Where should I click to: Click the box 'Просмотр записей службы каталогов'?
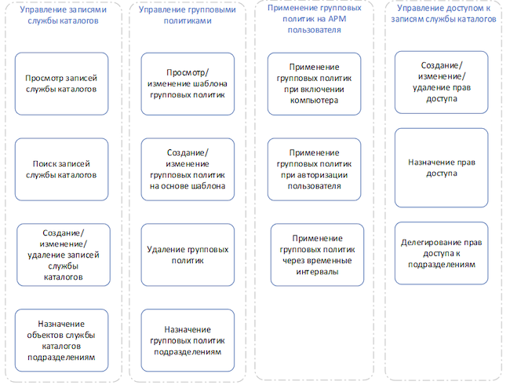click(x=61, y=84)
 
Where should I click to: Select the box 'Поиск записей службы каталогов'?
click(x=61, y=170)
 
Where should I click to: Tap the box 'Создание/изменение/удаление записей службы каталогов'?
click(x=64, y=255)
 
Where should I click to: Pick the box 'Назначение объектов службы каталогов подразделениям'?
click(x=61, y=340)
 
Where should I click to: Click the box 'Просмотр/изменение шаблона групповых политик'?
click(x=188, y=84)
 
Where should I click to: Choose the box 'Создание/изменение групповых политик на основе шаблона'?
click(x=188, y=170)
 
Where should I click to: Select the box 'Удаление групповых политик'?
click(x=188, y=255)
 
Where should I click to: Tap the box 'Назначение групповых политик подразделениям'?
click(x=188, y=340)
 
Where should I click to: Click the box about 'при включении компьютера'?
click(x=314, y=84)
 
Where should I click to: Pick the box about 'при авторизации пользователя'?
click(x=314, y=170)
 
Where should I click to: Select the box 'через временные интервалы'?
click(x=317, y=255)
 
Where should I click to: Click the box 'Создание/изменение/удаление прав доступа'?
click(x=442, y=82)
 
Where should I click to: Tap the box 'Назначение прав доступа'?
click(x=442, y=167)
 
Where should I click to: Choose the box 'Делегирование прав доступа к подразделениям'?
click(x=442, y=253)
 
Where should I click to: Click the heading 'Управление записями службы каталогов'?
click(x=63, y=15)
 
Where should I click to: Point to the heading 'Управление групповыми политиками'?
click(x=188, y=15)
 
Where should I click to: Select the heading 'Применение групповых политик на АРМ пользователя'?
click(x=314, y=19)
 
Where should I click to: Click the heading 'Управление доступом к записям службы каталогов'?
click(x=443, y=13)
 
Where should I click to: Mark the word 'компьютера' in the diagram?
click(x=314, y=101)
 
